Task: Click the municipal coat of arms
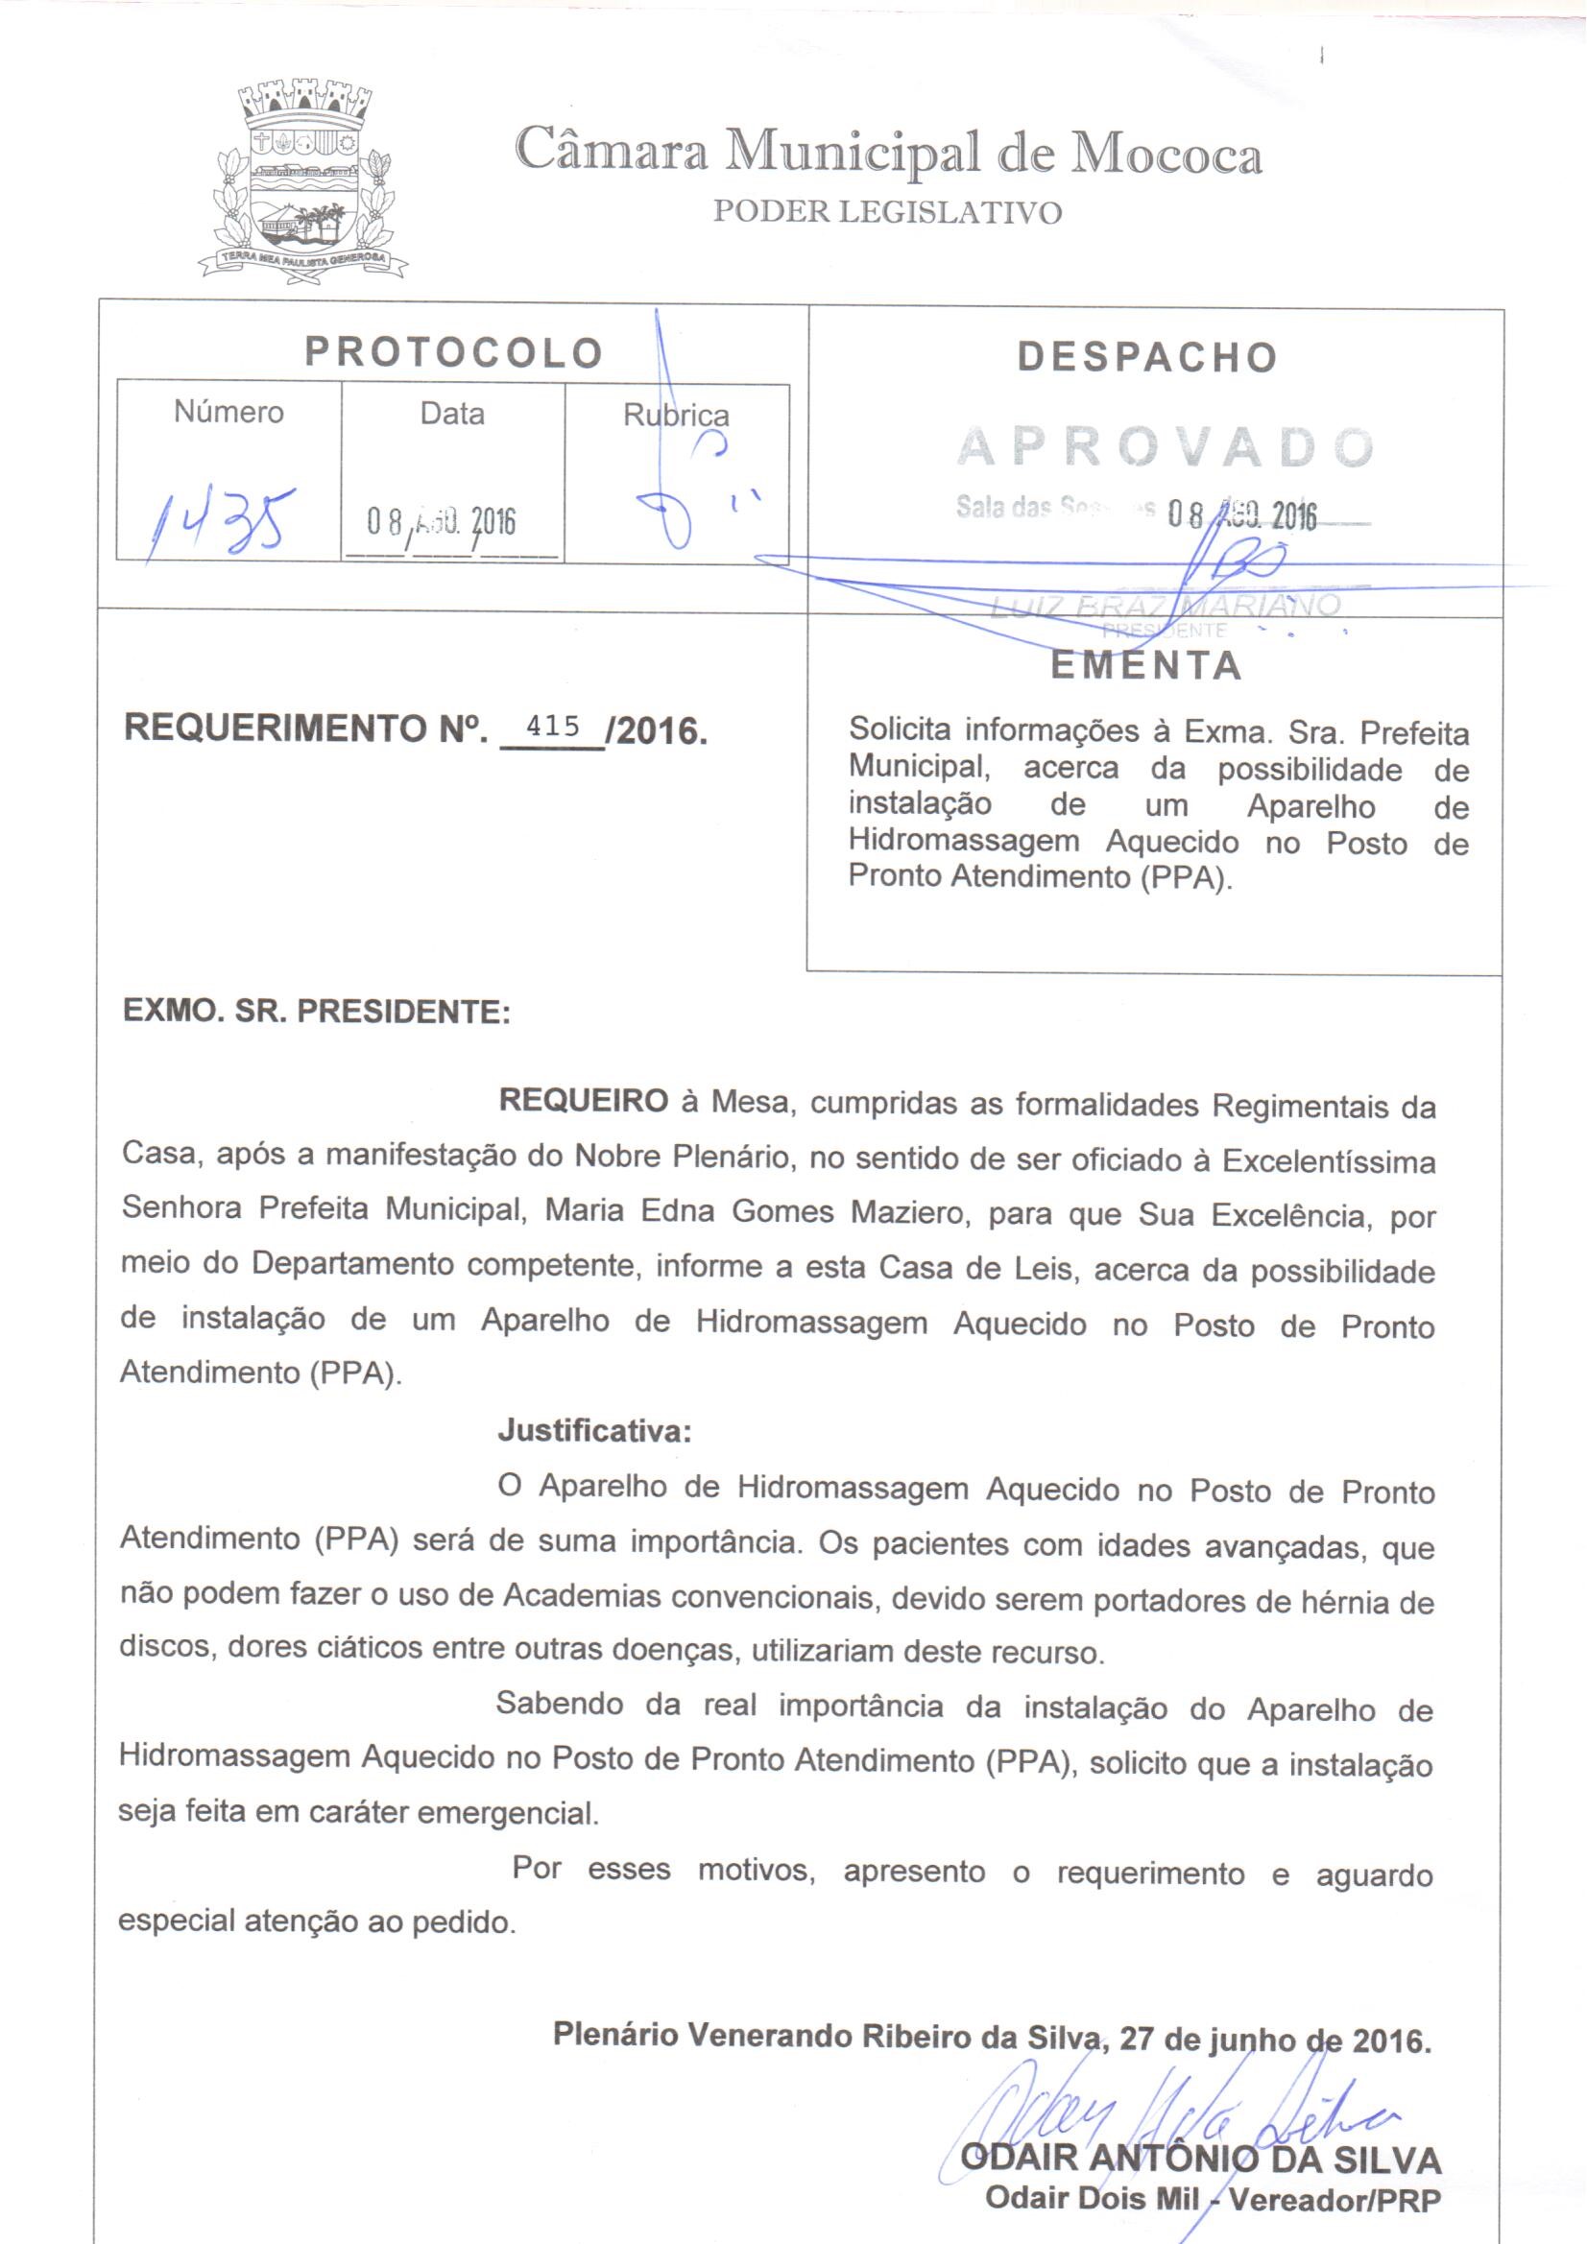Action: pos(302,181)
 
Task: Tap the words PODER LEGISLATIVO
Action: pos(887,212)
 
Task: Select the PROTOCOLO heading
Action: pos(454,353)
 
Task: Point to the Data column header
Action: pos(453,414)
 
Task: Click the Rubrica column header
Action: pos(676,416)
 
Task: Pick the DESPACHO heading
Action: pos(1147,358)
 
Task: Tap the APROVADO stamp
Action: pos(1166,447)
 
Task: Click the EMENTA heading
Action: pos(1146,666)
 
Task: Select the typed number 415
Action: pos(553,727)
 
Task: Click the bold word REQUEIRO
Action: pos(584,1102)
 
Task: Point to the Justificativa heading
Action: pos(594,1432)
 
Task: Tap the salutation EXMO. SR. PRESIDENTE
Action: pos(317,1011)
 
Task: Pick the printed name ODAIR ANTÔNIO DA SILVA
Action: pos(1201,2160)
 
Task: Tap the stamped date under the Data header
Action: pos(441,523)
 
